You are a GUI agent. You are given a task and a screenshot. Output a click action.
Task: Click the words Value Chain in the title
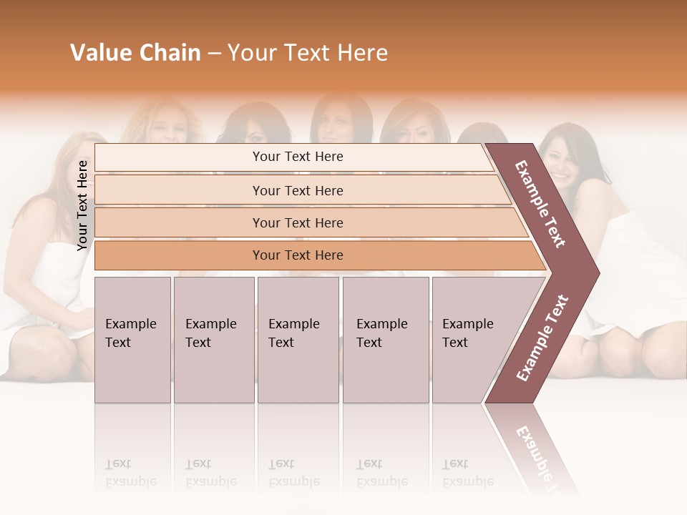(135, 53)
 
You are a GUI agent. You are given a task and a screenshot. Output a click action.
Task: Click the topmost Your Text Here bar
(298, 157)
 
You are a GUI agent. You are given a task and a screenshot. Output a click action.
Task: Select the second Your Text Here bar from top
(298, 190)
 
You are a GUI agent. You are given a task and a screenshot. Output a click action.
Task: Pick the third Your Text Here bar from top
(298, 222)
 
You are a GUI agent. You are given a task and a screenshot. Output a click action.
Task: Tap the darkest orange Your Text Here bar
(298, 255)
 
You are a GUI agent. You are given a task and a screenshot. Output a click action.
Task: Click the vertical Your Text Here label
(82, 205)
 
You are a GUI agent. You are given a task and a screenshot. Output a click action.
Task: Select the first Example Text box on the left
(132, 339)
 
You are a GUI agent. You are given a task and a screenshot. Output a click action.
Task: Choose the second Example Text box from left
(213, 339)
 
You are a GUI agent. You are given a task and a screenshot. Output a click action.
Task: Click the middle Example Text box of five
(298, 339)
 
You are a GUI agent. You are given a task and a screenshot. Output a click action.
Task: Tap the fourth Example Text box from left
(385, 339)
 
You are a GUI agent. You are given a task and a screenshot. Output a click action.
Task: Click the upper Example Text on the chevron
(540, 204)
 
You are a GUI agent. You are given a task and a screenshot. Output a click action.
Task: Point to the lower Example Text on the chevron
(542, 338)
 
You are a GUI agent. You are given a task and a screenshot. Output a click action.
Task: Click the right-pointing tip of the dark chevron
(595, 273)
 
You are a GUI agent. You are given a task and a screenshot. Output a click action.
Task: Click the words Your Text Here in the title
(308, 53)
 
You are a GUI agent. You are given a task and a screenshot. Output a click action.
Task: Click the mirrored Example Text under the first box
(131, 473)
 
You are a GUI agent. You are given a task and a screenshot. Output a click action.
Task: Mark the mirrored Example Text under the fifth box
(468, 473)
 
